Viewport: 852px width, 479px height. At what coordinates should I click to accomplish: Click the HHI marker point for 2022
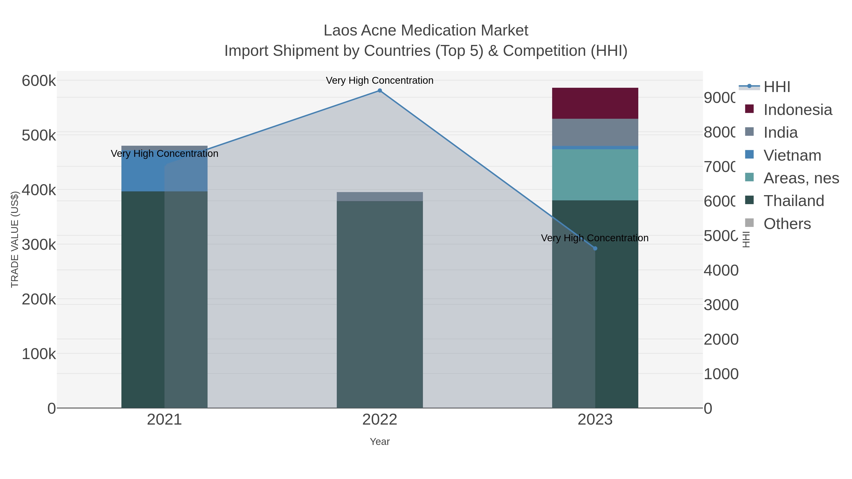(x=380, y=91)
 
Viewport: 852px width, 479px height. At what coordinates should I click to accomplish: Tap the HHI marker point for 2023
(x=595, y=248)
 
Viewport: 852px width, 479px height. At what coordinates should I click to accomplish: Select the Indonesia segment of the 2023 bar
(x=595, y=103)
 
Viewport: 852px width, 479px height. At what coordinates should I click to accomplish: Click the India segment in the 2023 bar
(x=595, y=132)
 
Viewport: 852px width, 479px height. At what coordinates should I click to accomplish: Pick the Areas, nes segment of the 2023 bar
(x=595, y=175)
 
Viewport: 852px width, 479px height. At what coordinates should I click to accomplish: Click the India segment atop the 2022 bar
(x=380, y=196)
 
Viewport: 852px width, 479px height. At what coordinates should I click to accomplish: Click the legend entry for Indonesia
(x=797, y=110)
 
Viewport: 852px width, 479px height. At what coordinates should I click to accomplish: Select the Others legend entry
(x=787, y=224)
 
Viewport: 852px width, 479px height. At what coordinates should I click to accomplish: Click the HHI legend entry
(x=777, y=87)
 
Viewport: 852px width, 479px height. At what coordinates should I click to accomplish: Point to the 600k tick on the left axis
(x=39, y=81)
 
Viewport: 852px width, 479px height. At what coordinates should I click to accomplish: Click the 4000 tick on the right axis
(x=721, y=270)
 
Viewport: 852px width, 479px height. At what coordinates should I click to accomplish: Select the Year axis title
(x=380, y=442)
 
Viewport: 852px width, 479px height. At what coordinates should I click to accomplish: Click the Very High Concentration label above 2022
(x=380, y=80)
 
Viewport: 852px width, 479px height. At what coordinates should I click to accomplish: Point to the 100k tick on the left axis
(x=39, y=354)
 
